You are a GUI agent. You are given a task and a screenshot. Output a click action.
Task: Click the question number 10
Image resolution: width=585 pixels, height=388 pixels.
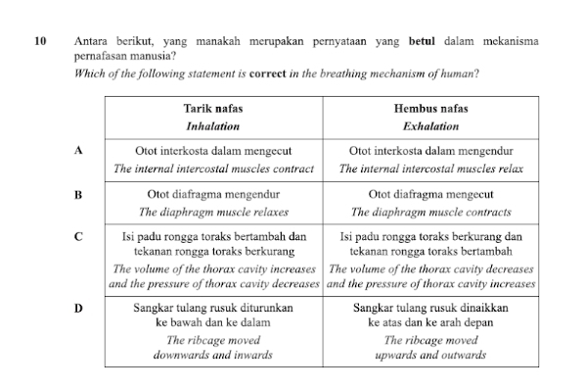coord(39,42)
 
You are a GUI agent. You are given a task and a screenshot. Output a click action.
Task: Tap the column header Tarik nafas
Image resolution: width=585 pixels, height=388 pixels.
coord(213,110)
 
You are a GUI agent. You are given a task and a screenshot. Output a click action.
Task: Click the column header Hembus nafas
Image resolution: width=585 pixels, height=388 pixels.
coord(430,110)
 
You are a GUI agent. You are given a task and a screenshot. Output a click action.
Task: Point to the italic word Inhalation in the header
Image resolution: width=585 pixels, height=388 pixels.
coord(213,126)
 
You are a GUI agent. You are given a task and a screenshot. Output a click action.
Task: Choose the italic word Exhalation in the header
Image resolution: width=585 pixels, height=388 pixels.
coord(430,126)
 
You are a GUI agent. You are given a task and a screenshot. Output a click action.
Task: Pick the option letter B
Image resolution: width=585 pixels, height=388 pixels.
coord(77,194)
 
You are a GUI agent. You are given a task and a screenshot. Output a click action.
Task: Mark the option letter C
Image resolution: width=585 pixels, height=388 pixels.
coord(77,236)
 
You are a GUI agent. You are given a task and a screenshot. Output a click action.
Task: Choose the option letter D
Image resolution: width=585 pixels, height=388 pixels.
coord(77,308)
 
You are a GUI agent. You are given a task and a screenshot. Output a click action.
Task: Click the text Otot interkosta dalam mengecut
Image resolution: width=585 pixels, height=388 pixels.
coord(213,152)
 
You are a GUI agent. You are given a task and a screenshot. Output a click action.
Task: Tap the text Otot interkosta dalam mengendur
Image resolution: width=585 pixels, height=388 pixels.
coord(430,152)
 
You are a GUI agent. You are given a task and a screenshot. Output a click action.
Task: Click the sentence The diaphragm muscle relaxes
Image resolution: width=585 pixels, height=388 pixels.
coord(213,211)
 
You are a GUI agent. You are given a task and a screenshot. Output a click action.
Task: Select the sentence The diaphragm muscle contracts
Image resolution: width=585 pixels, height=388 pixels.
coord(430,211)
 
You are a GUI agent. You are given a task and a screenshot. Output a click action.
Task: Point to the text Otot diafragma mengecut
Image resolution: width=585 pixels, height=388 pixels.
coord(430,194)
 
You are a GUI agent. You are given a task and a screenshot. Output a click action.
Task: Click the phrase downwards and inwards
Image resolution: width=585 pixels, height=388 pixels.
coord(213,355)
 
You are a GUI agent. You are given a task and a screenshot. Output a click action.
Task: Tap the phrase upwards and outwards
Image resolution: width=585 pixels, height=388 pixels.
coord(430,355)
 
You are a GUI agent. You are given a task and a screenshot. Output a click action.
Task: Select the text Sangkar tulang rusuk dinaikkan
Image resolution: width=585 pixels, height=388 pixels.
coord(430,308)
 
